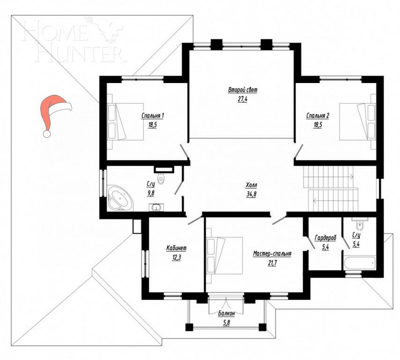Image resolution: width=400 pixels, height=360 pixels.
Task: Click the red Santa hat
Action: (x=54, y=112)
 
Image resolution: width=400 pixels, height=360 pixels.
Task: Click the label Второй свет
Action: (x=243, y=90)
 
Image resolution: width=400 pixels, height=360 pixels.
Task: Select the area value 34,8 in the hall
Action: (x=252, y=194)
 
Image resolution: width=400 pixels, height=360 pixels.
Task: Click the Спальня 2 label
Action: (x=318, y=116)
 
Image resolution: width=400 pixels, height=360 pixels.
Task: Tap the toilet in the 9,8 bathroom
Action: (x=162, y=179)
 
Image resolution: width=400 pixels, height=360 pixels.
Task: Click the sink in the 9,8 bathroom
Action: (x=155, y=207)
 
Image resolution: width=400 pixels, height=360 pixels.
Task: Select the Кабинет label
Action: (x=177, y=248)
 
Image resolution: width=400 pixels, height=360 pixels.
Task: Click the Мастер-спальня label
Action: (x=272, y=254)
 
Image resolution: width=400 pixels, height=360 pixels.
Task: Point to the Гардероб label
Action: (x=324, y=237)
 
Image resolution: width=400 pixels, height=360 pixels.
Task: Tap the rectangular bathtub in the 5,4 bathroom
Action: (x=359, y=263)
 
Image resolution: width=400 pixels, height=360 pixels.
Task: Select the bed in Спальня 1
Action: (x=126, y=121)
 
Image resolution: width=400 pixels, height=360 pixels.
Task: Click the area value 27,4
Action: (x=242, y=99)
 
